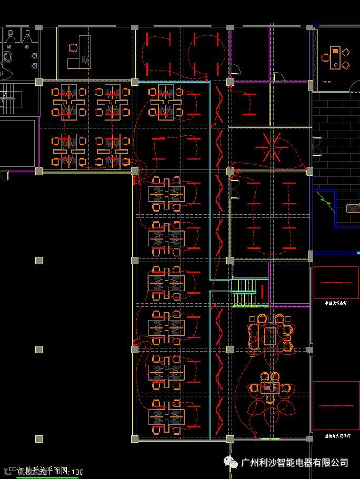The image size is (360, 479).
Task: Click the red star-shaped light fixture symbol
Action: [273, 147]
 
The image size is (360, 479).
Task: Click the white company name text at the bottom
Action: [295, 463]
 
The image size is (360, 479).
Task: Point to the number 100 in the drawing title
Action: [77, 472]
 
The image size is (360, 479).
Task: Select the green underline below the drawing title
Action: [47, 477]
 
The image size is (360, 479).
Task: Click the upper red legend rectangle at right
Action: [336, 283]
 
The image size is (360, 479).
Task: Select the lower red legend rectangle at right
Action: [336, 405]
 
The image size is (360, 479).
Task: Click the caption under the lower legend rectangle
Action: [335, 436]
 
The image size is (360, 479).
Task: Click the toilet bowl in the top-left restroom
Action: [8, 57]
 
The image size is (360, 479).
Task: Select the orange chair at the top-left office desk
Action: [72, 47]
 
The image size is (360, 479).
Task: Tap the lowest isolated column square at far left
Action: [38, 438]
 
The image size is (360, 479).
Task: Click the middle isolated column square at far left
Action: [38, 350]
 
